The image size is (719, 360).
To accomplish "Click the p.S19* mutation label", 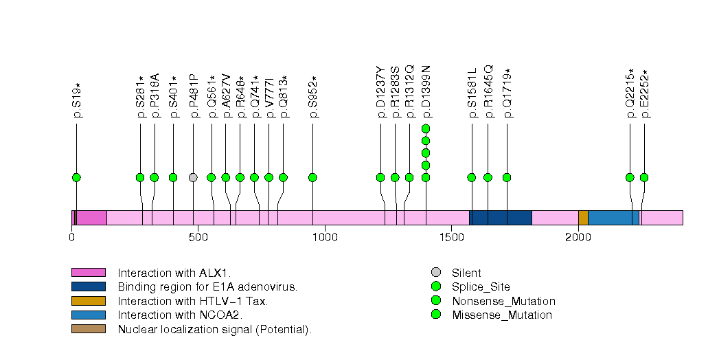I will (x=78, y=100).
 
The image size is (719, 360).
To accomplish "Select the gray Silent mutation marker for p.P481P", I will (x=193, y=177).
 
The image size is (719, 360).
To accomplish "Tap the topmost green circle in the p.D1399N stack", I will (x=426, y=128).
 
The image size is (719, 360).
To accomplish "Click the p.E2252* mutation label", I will (x=645, y=94).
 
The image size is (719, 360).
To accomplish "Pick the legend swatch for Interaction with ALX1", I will (x=88, y=273).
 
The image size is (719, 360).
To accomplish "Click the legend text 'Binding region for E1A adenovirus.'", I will (x=207, y=287).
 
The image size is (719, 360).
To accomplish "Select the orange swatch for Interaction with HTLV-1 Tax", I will (x=88, y=301).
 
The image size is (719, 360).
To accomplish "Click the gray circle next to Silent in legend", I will (x=435, y=273).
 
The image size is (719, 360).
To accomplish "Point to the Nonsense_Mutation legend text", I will (x=503, y=301).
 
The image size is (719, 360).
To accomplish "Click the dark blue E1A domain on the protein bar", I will (x=501, y=218).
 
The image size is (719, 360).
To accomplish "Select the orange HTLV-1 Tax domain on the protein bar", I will (x=583, y=218).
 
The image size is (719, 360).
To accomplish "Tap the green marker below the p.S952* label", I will (x=312, y=177).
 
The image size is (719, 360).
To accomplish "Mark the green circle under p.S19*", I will (x=76, y=177).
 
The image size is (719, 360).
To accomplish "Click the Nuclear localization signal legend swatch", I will (x=88, y=329).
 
